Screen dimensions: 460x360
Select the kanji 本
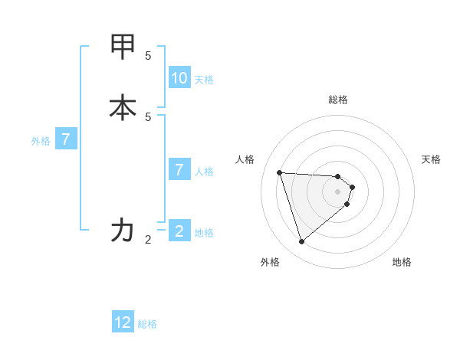pos(123,107)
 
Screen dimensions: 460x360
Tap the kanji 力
pos(123,230)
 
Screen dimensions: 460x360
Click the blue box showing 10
pos(179,78)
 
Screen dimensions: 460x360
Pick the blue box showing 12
pos(123,322)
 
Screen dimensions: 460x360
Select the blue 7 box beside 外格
pos(66,140)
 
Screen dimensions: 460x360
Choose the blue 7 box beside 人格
pos(179,169)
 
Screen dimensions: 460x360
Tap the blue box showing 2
pos(179,231)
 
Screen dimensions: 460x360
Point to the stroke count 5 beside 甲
pos(148,56)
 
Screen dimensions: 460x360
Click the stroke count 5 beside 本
pos(148,116)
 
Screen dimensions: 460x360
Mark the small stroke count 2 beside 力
pos(148,240)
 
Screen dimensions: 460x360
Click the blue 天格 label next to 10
pos(204,80)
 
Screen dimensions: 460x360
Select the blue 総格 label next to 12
pos(147,324)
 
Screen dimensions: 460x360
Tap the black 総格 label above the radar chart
pos(338,100)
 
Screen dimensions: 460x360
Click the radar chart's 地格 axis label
pos(402,262)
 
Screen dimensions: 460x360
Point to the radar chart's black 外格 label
pos(270,262)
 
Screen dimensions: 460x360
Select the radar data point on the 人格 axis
pos(280,172)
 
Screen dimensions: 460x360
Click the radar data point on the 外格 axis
pos(301,242)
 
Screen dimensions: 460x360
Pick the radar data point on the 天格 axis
pos(352,187)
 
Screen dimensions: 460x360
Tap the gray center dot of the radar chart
pos(338,202)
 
